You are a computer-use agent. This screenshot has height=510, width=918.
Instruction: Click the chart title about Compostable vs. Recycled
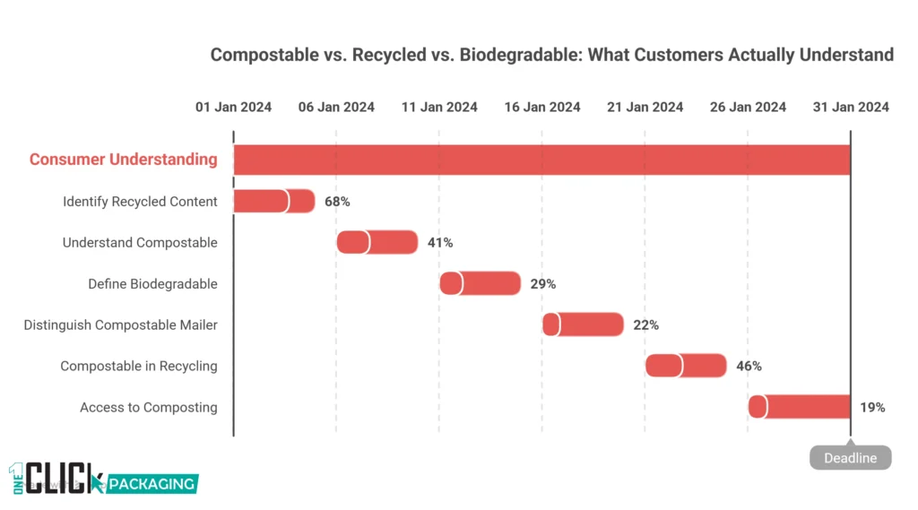pos(551,55)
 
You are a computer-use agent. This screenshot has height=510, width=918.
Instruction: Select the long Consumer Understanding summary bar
pos(541,160)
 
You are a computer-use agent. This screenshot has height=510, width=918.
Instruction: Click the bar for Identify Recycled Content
pos(273,201)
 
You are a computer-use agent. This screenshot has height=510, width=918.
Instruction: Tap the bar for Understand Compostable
pos(377,242)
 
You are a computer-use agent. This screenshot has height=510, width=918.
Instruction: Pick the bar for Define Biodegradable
pos(480,283)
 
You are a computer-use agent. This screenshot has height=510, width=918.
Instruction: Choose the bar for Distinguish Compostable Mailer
pos(583,324)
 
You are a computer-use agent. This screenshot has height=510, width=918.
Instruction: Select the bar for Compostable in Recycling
pos(686,366)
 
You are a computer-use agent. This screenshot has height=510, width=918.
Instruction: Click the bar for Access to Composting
pos(799,407)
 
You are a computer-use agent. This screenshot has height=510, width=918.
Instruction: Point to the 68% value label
pos(337,202)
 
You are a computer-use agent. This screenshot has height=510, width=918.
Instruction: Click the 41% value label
pos(440,243)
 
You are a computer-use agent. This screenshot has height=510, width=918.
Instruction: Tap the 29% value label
pos(543,284)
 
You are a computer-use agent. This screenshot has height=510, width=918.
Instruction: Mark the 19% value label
pos(872,408)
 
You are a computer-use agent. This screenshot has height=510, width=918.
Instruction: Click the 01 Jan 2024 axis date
pos(233,107)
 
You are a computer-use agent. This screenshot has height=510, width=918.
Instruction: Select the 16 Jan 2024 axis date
pos(541,107)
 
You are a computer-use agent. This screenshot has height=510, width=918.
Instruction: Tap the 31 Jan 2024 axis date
pos(851,107)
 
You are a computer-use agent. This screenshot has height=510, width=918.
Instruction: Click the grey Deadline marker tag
pos(851,458)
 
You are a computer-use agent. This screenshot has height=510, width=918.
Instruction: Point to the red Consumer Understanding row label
pos(123,160)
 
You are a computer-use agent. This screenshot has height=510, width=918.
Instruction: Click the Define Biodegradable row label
pos(152,284)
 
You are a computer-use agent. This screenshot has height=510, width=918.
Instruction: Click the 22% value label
pos(645,325)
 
